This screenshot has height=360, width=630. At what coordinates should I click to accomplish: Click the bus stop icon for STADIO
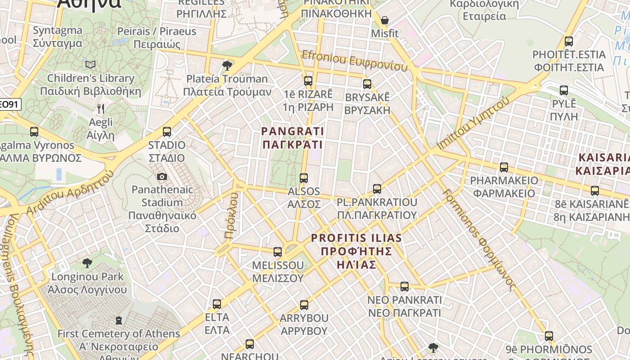click(x=167, y=132)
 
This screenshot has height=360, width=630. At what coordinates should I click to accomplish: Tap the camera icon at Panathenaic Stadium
click(x=162, y=177)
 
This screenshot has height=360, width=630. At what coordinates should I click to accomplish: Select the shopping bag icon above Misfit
click(x=385, y=20)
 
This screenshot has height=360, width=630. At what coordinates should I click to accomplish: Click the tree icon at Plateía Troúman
click(x=227, y=66)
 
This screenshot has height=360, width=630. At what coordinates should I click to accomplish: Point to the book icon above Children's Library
click(x=90, y=65)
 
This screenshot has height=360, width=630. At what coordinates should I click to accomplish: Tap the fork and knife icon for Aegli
click(x=101, y=109)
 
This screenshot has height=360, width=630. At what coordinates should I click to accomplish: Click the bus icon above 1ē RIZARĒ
click(x=308, y=81)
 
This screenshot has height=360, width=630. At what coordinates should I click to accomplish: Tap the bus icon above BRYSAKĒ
click(x=367, y=84)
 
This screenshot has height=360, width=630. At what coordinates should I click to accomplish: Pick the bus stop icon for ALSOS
click(x=304, y=178)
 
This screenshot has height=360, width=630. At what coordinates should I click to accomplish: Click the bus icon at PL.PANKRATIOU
click(x=377, y=189)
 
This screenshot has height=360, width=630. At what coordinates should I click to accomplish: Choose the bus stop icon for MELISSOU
click(x=278, y=252)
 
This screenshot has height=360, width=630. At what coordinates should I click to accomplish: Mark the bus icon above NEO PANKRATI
click(x=405, y=287)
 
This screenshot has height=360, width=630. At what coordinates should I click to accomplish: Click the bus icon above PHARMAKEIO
click(x=504, y=167)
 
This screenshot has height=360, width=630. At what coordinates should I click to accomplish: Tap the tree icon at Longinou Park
click(x=87, y=263)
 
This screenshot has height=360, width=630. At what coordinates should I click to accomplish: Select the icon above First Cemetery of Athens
click(x=119, y=321)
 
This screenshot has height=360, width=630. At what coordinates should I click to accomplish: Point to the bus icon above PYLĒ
click(x=564, y=90)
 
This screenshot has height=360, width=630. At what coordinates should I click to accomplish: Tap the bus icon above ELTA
click(x=217, y=304)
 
